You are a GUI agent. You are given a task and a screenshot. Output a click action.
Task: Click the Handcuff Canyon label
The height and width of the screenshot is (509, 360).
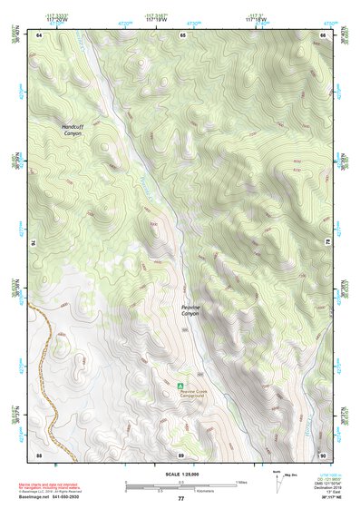72,130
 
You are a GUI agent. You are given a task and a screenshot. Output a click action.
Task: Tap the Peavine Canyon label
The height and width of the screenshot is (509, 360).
195,310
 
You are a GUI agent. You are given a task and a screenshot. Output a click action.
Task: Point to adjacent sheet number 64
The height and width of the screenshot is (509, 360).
39,34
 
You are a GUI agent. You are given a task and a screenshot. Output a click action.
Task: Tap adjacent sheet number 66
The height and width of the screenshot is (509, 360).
322,34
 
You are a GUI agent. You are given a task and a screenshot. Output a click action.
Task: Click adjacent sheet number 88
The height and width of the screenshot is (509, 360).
39,454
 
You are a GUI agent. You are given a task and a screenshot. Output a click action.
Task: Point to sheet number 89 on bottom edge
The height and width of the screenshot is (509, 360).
181,454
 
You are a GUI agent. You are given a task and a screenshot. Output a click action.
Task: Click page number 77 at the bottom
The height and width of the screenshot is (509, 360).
180,498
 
